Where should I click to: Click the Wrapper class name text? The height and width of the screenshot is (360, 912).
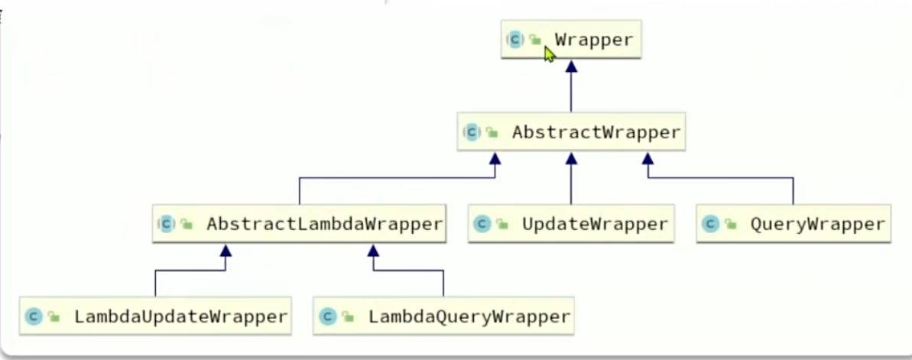(x=594, y=40)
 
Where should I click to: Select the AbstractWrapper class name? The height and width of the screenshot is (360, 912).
(x=596, y=132)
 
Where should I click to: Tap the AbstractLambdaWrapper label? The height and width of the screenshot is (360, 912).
(x=324, y=224)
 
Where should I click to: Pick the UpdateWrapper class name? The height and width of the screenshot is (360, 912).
(x=595, y=224)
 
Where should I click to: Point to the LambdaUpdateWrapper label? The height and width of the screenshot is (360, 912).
(x=180, y=316)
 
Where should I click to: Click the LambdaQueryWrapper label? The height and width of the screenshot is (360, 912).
(x=469, y=316)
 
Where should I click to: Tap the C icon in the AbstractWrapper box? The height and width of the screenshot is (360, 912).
(x=472, y=132)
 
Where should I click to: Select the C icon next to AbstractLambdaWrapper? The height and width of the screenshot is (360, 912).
(x=167, y=224)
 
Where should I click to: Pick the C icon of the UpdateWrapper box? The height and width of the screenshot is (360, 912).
(x=482, y=224)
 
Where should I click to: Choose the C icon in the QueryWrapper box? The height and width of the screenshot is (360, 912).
(x=711, y=224)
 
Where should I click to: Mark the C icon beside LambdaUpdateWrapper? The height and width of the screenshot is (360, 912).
(x=34, y=316)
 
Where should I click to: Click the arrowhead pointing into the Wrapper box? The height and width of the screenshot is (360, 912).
(x=571, y=66)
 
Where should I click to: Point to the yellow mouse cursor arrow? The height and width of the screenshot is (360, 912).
(x=549, y=54)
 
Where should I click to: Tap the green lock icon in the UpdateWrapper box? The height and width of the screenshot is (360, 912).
(x=502, y=225)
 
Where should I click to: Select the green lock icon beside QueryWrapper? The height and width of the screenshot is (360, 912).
(x=731, y=225)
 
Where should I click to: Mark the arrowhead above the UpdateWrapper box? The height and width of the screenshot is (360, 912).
(x=571, y=158)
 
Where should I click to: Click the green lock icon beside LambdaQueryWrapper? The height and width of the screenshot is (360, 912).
(x=348, y=316)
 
